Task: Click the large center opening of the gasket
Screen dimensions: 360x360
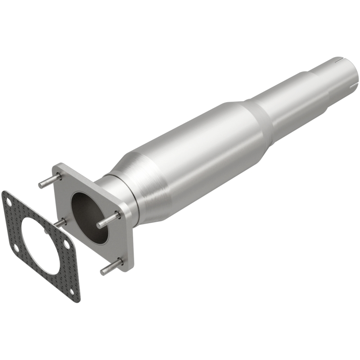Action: (x=41, y=246)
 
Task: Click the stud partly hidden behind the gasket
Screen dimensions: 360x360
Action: (x=61, y=222)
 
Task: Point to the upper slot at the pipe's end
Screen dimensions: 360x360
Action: (x=337, y=58)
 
